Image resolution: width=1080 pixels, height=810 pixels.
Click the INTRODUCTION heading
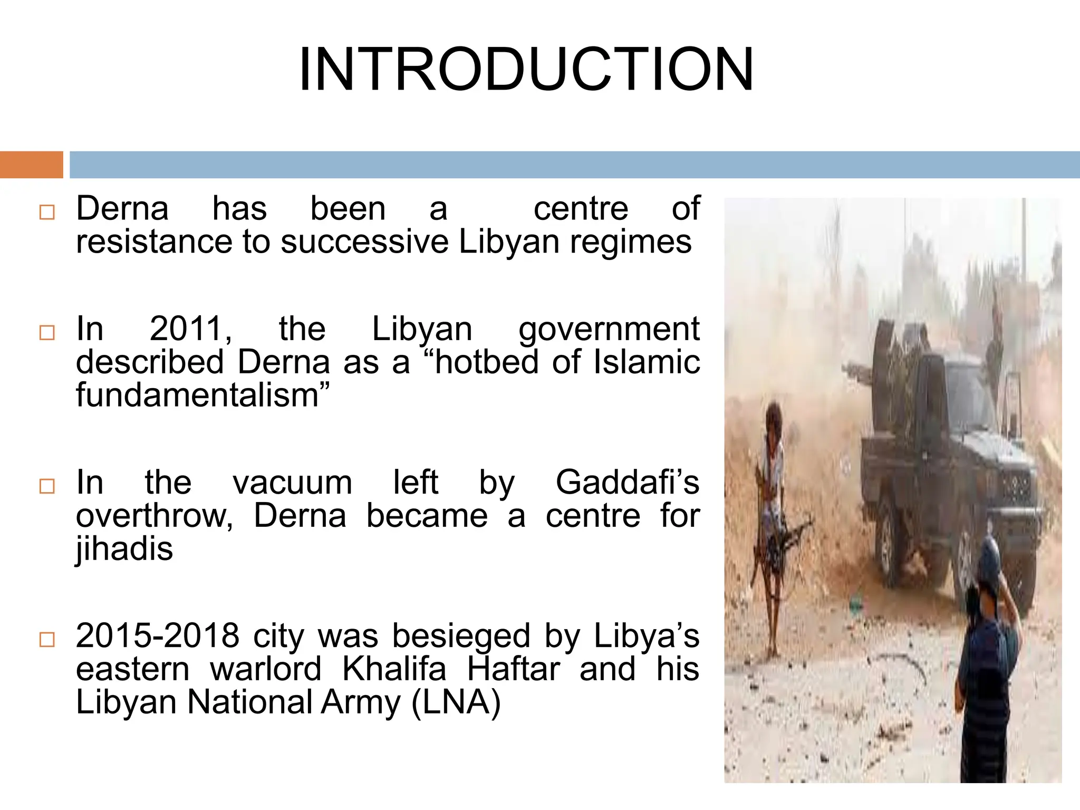[x=526, y=70]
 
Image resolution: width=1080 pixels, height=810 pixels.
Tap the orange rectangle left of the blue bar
[x=31, y=165]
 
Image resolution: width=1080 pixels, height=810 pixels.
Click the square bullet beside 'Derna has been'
[x=47, y=212]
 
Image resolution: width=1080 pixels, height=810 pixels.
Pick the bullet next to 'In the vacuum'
[x=47, y=486]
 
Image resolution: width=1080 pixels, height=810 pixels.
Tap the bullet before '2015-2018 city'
[x=47, y=639]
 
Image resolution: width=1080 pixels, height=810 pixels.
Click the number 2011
[x=190, y=329]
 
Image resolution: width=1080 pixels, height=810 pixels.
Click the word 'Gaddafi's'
[x=627, y=482]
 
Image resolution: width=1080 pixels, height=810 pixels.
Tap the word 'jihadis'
[x=124, y=549]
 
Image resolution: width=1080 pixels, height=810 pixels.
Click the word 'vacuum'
[x=292, y=482]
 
